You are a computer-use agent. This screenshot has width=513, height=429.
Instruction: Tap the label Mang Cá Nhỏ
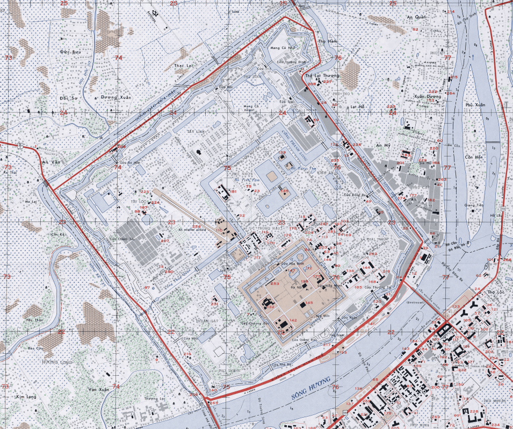pos(285,47)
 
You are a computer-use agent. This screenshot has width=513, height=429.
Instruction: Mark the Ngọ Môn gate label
pos(322,316)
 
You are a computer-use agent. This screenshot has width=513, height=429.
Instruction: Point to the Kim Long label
pos(25,396)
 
